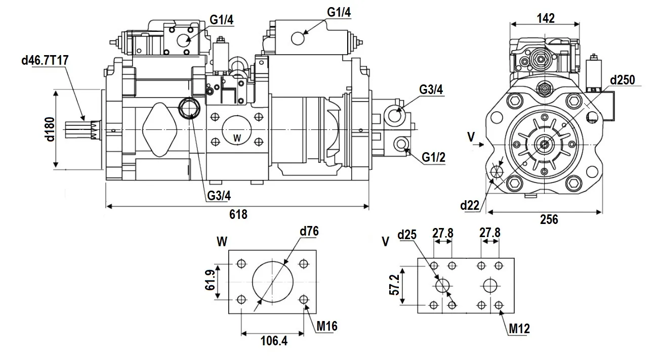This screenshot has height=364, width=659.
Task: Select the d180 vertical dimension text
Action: pyautogui.click(x=49, y=130)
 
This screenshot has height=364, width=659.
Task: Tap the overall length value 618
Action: pyautogui.click(x=238, y=214)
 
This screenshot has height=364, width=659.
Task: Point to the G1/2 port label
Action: pyautogui.click(x=434, y=158)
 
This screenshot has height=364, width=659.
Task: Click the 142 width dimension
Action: pyautogui.click(x=545, y=18)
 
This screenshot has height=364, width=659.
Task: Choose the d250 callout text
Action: pyautogui.click(x=622, y=80)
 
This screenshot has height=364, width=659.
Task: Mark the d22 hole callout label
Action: pyautogui.click(x=470, y=205)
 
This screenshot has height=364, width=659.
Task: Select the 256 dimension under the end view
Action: pyautogui.click(x=549, y=219)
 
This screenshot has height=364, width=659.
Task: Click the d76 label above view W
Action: pyautogui.click(x=309, y=232)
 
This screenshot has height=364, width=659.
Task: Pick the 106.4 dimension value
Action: pyautogui.click(x=273, y=341)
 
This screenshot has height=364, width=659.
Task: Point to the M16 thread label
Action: pyautogui.click(x=327, y=326)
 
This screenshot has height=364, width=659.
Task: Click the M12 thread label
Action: pyautogui.click(x=519, y=329)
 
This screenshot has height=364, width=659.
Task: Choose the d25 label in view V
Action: pyautogui.click(x=407, y=235)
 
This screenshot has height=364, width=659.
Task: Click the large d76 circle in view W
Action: pyautogui.click(x=273, y=281)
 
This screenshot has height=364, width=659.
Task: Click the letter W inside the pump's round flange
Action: pyautogui.click(x=237, y=138)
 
